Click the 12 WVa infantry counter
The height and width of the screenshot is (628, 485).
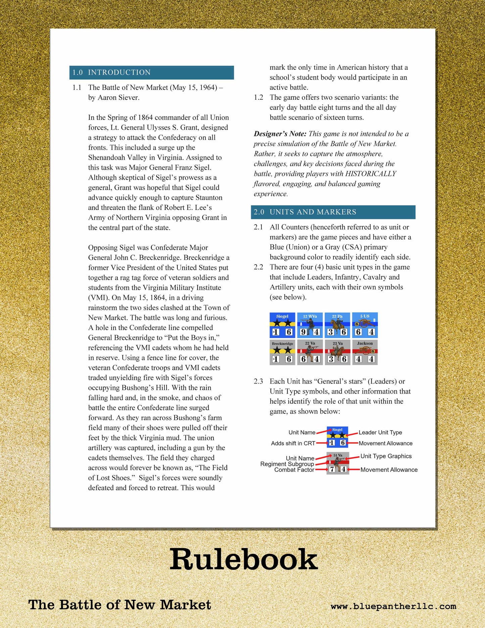pos(310,325)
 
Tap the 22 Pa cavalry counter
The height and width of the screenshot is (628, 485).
pos(337,325)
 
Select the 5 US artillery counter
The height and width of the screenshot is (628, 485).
pos(365,325)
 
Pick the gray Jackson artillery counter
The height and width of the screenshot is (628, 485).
pos(365,352)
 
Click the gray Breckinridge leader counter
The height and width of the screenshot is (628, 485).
pos(282,352)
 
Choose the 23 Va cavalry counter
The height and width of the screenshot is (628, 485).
pos(337,352)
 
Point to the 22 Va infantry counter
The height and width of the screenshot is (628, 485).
pos(310,352)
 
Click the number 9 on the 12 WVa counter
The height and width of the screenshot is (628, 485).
pos(303,332)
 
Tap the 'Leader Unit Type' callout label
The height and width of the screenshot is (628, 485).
pos(380,433)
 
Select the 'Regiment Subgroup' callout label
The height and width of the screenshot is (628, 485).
pos(287,464)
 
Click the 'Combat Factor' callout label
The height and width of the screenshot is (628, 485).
pos(294,470)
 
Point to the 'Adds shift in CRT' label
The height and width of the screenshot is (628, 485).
pos(293,443)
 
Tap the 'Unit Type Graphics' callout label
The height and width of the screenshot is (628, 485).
pos(386,456)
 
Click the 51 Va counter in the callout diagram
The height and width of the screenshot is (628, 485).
pos(338,463)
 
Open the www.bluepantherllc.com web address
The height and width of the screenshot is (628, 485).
pos(393,606)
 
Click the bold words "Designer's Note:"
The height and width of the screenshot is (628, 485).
pos(280,134)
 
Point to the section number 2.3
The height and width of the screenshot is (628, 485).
pos(258,382)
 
